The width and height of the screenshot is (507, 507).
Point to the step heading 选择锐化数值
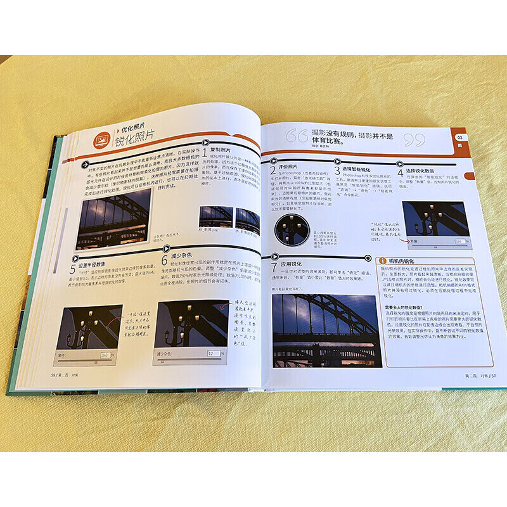[x=425, y=170]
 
